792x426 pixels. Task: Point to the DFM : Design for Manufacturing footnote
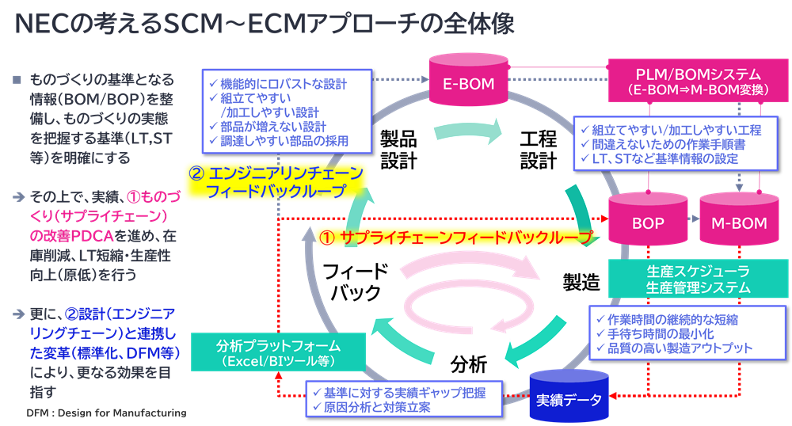105,413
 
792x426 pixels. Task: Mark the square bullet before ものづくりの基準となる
17,80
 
